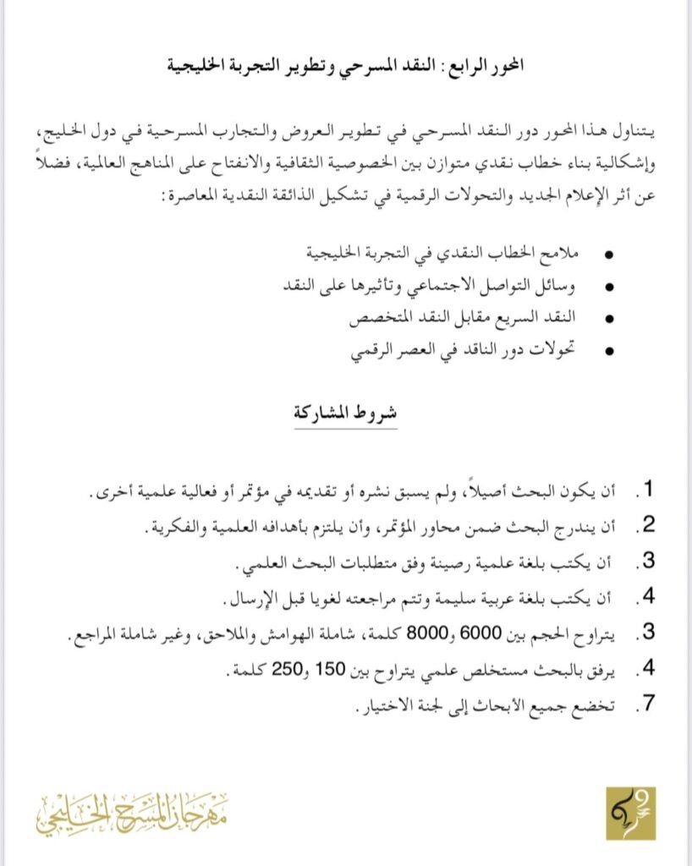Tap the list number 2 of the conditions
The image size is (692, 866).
650,525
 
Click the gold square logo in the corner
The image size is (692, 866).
630,813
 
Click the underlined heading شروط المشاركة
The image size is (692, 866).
346,414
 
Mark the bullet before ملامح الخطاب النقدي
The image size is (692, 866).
610,255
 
